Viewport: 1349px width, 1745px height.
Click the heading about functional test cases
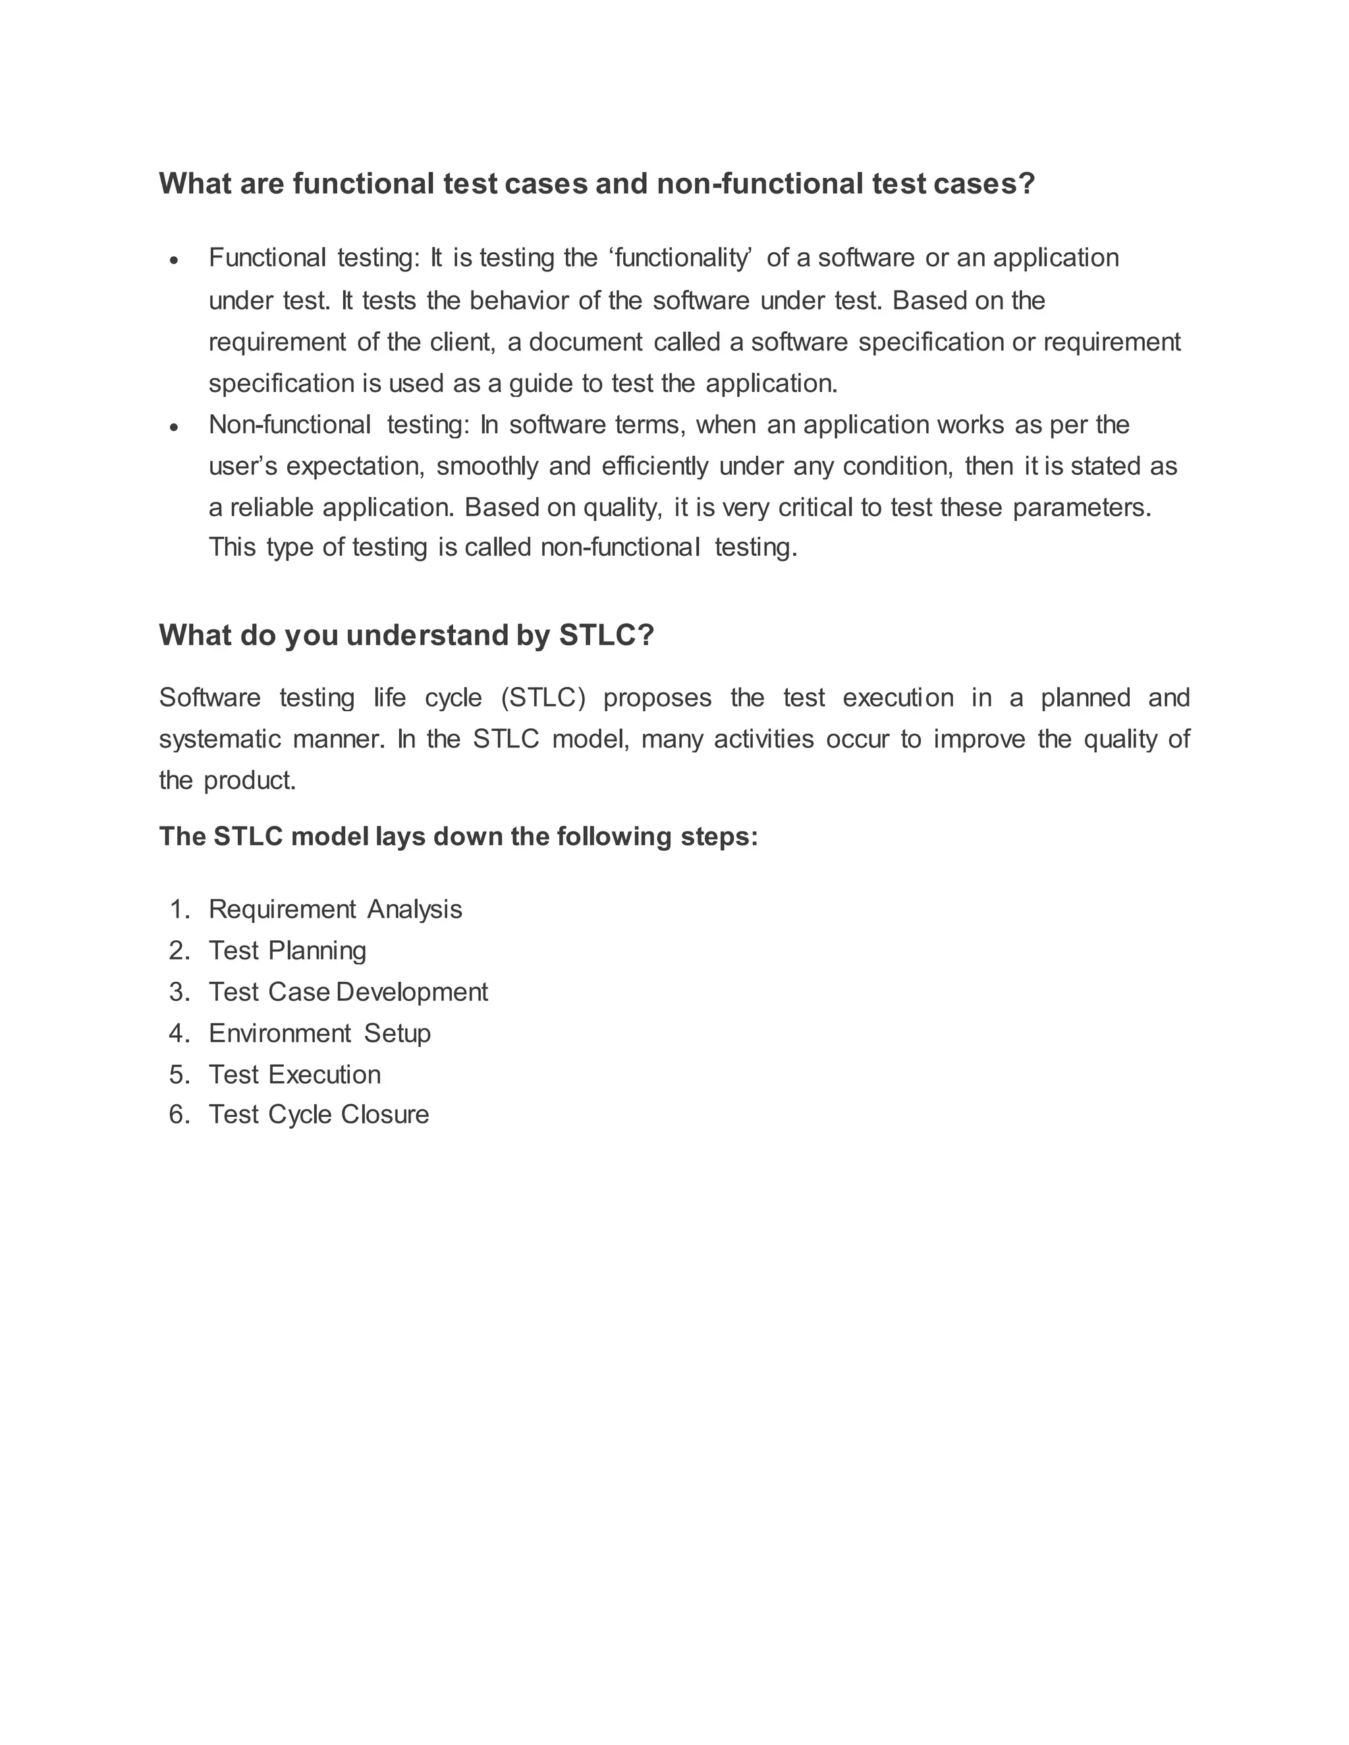(x=596, y=184)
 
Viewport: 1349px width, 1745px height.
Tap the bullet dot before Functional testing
(x=174, y=261)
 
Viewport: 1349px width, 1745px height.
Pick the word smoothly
(x=487, y=466)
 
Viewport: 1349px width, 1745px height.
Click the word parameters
(x=1082, y=507)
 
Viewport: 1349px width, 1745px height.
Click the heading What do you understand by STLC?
(x=406, y=635)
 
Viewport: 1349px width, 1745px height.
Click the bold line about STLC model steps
(x=458, y=836)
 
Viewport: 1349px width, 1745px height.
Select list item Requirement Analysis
(x=335, y=909)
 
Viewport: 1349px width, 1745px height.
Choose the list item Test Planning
(x=287, y=951)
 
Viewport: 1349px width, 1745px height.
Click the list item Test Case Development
(x=348, y=992)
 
